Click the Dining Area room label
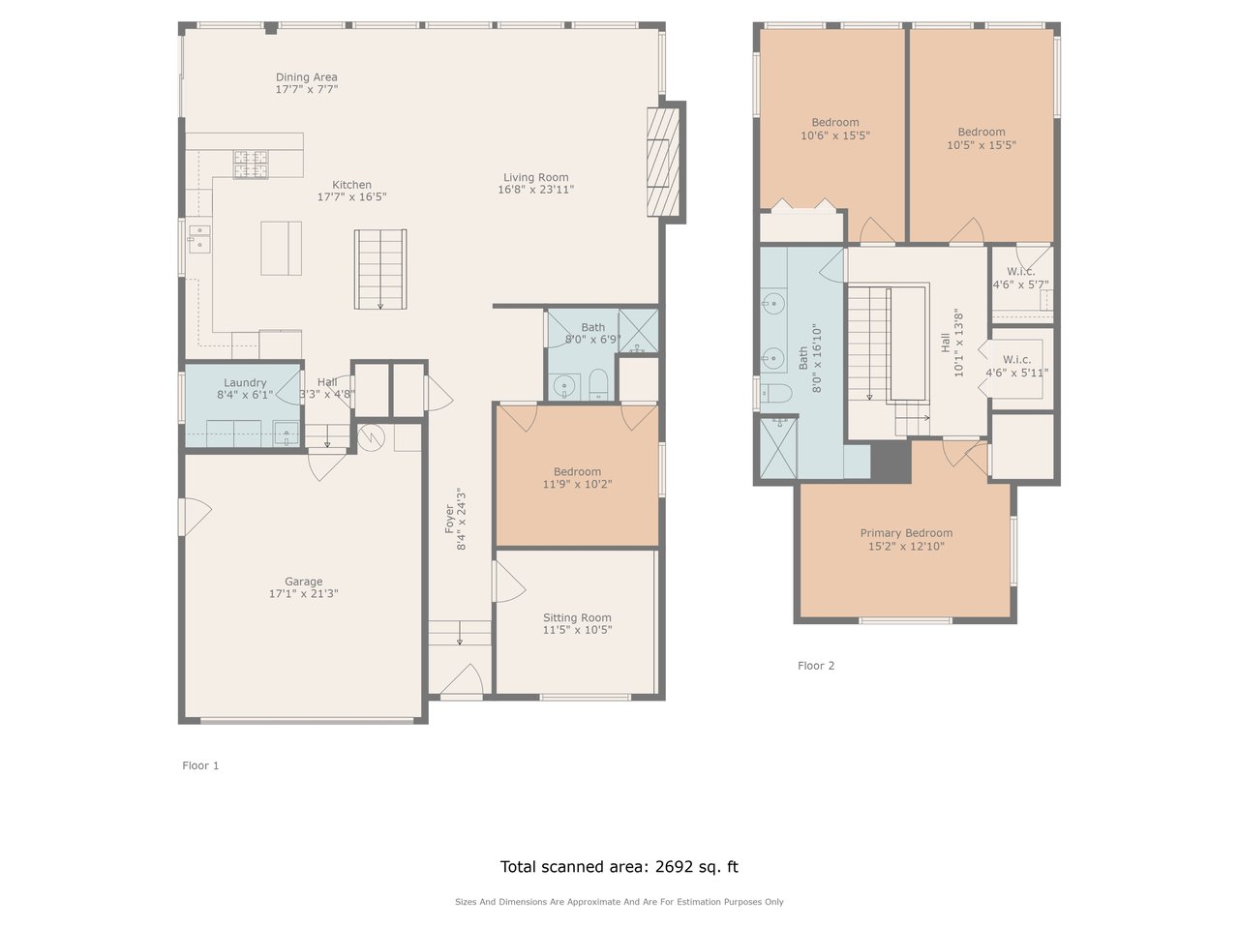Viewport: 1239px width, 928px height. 307,76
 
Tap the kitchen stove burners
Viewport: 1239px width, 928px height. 251,165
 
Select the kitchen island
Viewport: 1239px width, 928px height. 281,249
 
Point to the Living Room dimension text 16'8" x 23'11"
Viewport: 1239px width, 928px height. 535,190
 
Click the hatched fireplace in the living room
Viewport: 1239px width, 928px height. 663,162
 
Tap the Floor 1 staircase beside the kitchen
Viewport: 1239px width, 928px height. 380,269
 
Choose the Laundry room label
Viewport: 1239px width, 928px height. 245,382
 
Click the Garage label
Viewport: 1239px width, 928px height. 304,581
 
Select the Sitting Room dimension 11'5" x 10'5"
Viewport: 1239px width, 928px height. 578,630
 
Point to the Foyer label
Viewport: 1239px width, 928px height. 449,519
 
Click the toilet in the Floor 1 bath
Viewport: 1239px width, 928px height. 598,385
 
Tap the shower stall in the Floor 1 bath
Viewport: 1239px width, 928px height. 639,331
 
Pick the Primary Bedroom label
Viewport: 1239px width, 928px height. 907,532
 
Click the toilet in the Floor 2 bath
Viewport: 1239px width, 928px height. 776,393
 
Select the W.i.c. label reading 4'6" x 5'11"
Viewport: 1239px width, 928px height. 1017,373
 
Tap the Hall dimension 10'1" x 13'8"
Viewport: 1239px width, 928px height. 958,343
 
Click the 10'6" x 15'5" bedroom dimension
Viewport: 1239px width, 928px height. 835,135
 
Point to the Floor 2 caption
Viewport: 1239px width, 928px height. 816,666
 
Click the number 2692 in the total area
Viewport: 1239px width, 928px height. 674,866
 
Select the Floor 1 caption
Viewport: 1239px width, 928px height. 200,765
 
